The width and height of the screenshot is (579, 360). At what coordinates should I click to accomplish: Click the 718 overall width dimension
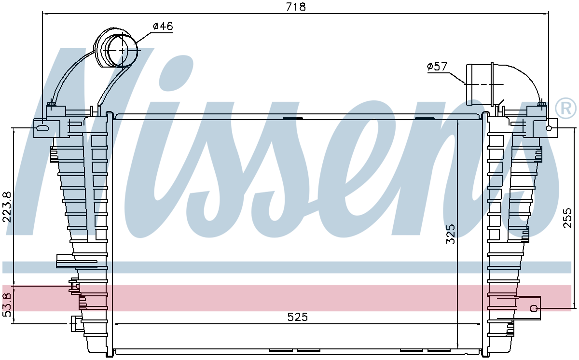tap(296, 7)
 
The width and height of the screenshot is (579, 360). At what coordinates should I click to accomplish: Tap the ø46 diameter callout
tap(163, 27)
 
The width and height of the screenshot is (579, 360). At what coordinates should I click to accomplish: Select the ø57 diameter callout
tap(437, 67)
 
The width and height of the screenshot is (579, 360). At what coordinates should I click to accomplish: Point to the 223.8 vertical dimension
tap(7, 207)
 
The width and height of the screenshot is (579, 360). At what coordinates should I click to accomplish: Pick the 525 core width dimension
tap(298, 317)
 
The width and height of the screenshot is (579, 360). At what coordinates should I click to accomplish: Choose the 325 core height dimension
tap(451, 234)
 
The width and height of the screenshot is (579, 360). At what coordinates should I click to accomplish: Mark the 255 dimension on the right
tap(567, 218)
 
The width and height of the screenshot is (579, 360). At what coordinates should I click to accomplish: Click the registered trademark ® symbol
tap(565, 110)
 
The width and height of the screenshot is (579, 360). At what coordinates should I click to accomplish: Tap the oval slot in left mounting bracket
tap(42, 128)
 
